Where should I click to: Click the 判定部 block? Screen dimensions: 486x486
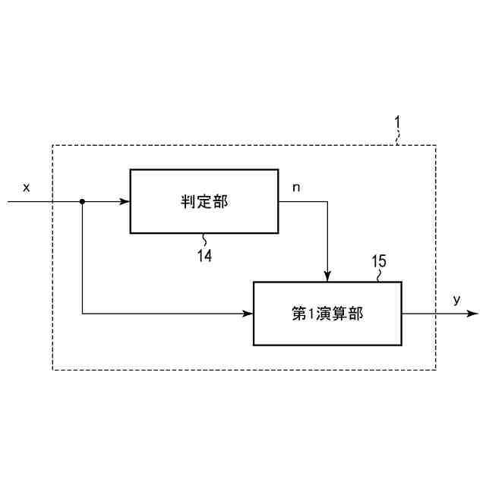pos(204,201)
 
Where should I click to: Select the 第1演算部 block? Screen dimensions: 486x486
pos(327,313)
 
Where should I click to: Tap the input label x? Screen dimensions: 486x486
pos(27,187)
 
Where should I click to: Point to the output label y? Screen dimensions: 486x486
pos(456,300)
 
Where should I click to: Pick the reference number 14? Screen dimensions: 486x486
pos(204,256)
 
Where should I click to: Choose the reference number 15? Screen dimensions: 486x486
pos(378,262)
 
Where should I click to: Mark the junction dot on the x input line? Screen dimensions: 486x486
pos(82,202)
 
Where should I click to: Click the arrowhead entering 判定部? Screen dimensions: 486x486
pos(125,202)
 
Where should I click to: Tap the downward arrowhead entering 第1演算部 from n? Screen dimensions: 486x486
pos(327,276)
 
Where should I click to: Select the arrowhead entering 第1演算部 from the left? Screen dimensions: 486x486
pos(248,313)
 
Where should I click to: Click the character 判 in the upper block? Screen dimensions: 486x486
pos(188,202)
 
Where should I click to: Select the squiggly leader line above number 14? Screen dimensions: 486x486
pos(204,240)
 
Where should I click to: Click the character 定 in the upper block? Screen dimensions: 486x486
pos(204,202)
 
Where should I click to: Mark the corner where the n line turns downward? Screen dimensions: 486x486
pos(327,202)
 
